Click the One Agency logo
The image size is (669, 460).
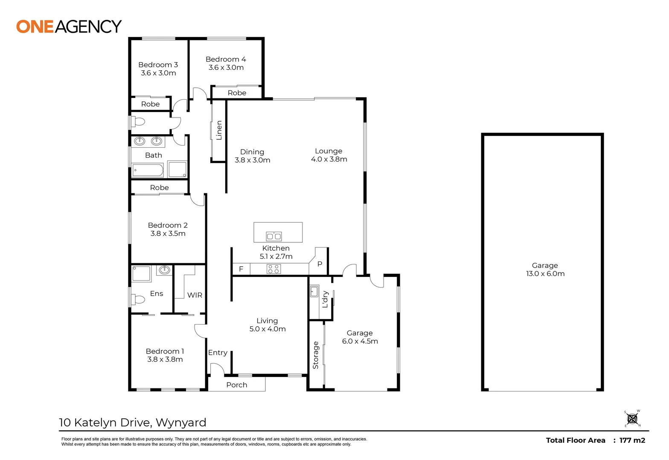[69, 26]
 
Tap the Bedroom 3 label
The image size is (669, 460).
[158, 65]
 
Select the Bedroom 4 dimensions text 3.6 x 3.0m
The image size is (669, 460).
[226, 68]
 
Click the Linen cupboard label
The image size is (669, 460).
[219, 130]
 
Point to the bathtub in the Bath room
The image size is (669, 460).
[148, 171]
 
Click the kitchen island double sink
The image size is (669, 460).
[273, 236]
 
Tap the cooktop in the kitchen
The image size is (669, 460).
[273, 269]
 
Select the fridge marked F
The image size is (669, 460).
[241, 269]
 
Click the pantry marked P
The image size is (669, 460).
[320, 264]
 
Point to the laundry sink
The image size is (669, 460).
[314, 292]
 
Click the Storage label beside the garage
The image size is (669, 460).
[316, 355]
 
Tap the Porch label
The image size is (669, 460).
[236, 385]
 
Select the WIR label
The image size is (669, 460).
[195, 295]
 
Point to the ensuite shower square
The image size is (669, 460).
[141, 274]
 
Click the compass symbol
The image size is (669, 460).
[632, 419]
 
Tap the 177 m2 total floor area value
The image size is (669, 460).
[632, 440]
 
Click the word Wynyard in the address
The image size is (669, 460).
[181, 423]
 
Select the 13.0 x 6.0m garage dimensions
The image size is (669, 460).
[545, 274]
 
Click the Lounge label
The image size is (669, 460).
[329, 151]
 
